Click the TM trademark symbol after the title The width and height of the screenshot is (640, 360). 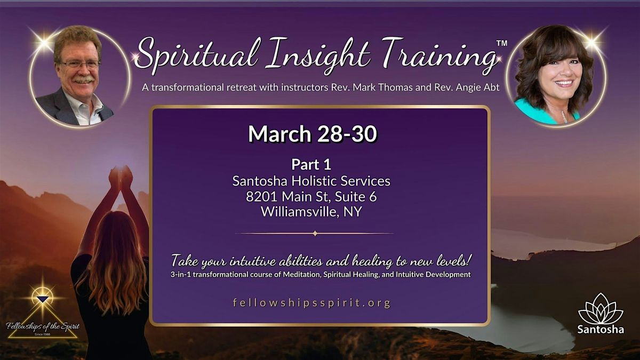click(502, 43)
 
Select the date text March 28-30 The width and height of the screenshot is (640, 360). click(313, 134)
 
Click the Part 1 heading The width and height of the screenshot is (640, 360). click(311, 164)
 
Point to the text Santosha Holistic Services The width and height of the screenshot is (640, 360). click(311, 181)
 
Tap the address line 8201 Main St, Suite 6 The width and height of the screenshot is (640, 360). click(311, 196)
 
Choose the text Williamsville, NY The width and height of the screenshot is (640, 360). click(311, 212)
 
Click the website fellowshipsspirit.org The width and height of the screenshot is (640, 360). click(312, 303)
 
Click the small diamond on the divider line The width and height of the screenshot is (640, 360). click(315, 233)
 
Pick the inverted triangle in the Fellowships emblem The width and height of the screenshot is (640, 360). click(43, 299)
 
